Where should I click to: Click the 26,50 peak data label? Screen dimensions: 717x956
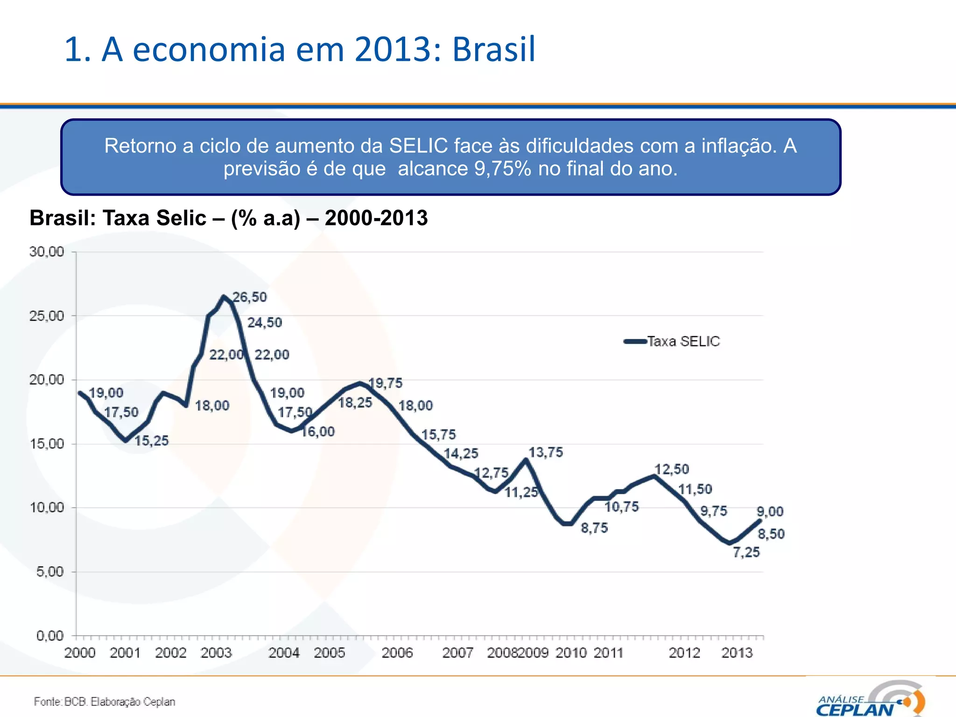tap(250, 297)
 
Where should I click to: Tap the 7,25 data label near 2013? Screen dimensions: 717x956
tap(746, 552)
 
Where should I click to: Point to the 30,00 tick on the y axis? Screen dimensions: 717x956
tap(47, 252)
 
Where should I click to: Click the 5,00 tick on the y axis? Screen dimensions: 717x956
tap(49, 571)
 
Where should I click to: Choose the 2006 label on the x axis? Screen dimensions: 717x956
tap(397, 653)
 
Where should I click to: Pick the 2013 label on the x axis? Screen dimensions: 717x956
tap(737, 653)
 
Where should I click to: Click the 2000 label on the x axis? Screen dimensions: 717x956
tap(80, 653)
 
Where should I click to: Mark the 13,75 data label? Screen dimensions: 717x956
tap(546, 452)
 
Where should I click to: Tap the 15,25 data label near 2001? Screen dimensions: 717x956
tap(152, 441)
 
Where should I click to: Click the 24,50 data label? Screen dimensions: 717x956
tap(265, 323)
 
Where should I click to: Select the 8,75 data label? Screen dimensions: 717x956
tap(594, 528)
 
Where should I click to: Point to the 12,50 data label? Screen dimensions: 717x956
tap(671, 469)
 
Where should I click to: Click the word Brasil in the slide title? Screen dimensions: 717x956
tap(493, 49)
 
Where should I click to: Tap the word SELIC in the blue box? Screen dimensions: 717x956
tap(419, 146)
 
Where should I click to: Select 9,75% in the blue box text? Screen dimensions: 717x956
tap(503, 169)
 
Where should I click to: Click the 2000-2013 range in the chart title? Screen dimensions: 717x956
tap(376, 218)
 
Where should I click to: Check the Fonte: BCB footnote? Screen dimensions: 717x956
tap(105, 702)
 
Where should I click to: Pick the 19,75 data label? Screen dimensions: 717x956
tap(386, 383)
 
